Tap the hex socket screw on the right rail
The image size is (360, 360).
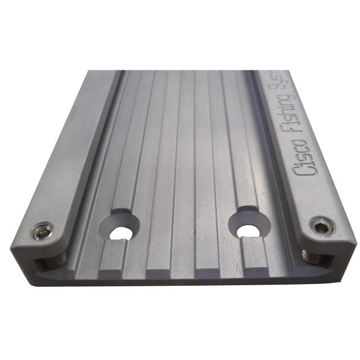[x=321, y=227]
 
